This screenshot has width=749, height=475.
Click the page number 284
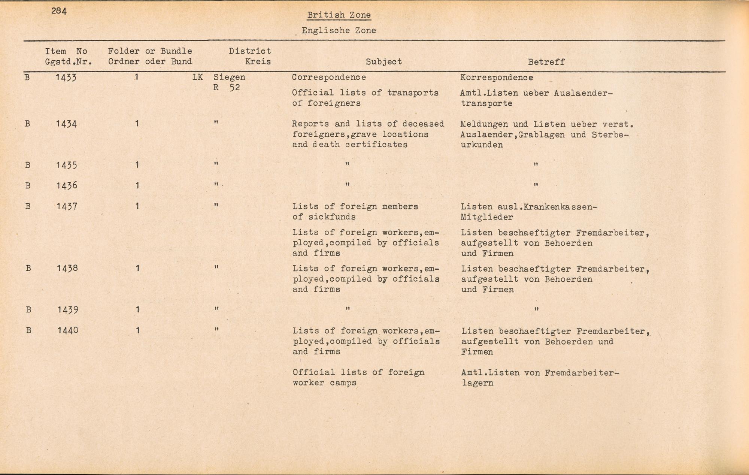(x=59, y=11)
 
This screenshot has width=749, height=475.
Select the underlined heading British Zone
(x=339, y=15)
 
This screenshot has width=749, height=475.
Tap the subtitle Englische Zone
(x=339, y=30)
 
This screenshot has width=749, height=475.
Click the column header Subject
(x=383, y=62)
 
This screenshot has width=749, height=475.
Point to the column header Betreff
(x=546, y=62)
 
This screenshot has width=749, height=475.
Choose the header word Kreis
(x=258, y=61)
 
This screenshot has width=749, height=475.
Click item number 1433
(x=66, y=78)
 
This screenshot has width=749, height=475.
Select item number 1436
(x=67, y=185)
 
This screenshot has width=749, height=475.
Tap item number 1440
(x=68, y=330)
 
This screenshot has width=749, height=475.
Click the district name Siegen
(x=229, y=77)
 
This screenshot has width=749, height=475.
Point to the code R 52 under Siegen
(x=227, y=88)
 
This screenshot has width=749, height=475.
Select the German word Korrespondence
(x=497, y=78)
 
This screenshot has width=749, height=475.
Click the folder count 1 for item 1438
(x=138, y=268)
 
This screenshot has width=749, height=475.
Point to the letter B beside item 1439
(x=28, y=310)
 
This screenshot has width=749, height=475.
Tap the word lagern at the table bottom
(x=477, y=383)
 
